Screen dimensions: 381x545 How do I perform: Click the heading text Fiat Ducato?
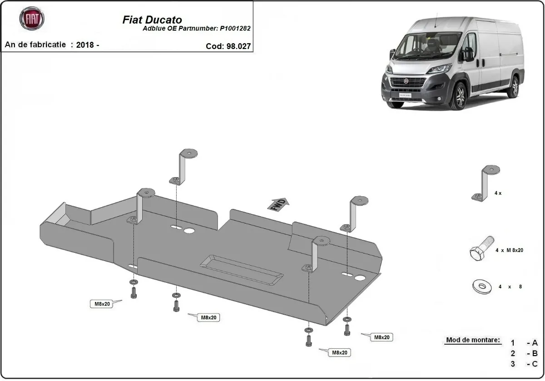click(x=153, y=20)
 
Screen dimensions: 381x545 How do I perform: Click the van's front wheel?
click(x=459, y=95)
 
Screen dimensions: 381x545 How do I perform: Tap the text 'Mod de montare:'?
click(x=473, y=340)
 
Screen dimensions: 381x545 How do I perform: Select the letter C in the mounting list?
click(x=535, y=364)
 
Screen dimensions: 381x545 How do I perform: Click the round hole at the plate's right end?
click(x=361, y=277)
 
